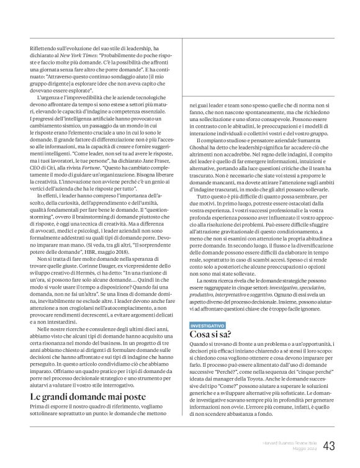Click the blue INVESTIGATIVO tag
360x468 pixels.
coord(208,325)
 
